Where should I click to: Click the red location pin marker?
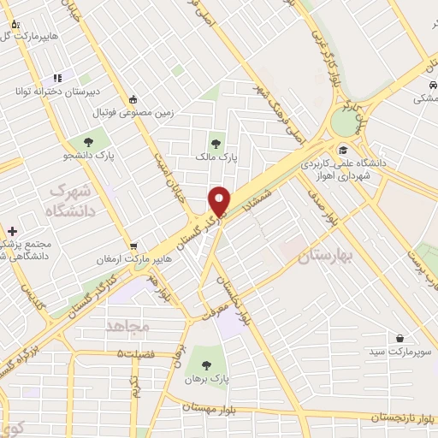pos(220,200)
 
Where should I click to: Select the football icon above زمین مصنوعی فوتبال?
pos(133,98)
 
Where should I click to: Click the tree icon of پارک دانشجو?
pos(89,141)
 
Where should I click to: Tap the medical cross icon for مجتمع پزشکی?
pos(12,231)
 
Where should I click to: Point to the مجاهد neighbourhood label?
pos(128,327)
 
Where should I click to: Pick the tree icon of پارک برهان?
pos(204,360)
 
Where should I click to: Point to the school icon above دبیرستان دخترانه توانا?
pos(56,78)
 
